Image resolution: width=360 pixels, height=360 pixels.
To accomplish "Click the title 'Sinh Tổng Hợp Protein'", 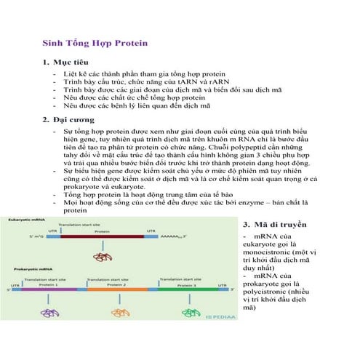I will [x=95, y=43].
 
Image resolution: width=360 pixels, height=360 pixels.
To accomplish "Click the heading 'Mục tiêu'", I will [x=69, y=63].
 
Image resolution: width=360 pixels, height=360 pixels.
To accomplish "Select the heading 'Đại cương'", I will [x=71, y=120].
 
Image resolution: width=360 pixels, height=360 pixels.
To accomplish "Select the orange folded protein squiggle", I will [x=116, y=305].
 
